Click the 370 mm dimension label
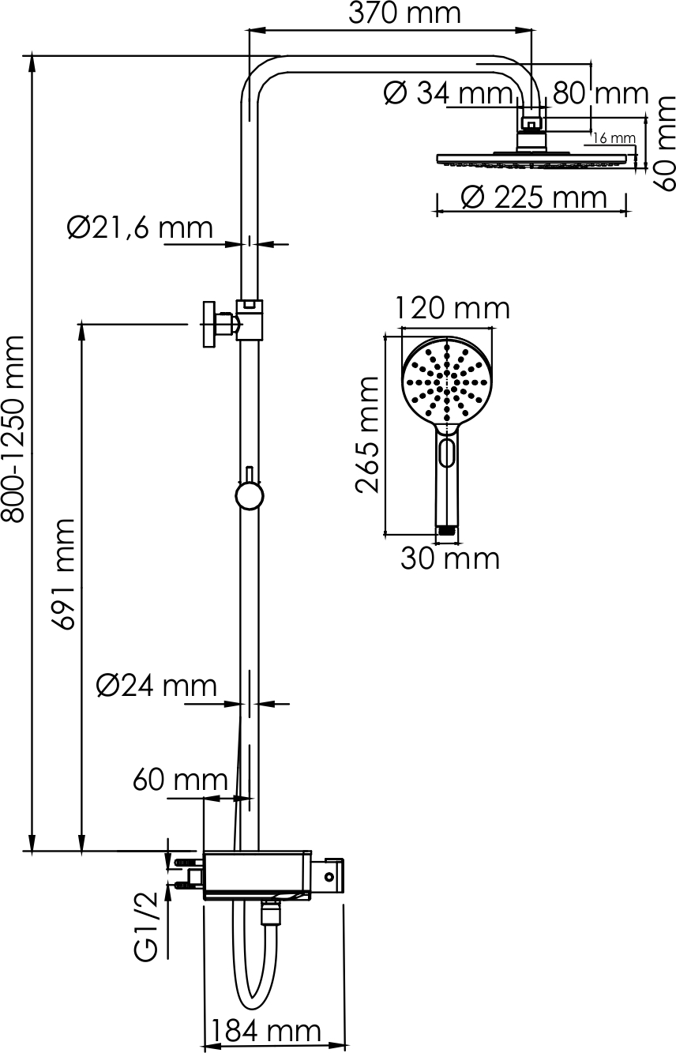coord(405,14)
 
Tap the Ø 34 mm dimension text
coord(448,93)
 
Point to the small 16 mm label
coord(614,138)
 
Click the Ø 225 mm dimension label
coord(534,197)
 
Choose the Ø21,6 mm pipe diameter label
coord(140,228)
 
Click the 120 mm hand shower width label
coord(453,309)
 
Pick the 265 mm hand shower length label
coord(367,434)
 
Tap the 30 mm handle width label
coord(450,559)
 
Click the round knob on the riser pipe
coord(249,496)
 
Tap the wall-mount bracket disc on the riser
coord(208,325)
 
